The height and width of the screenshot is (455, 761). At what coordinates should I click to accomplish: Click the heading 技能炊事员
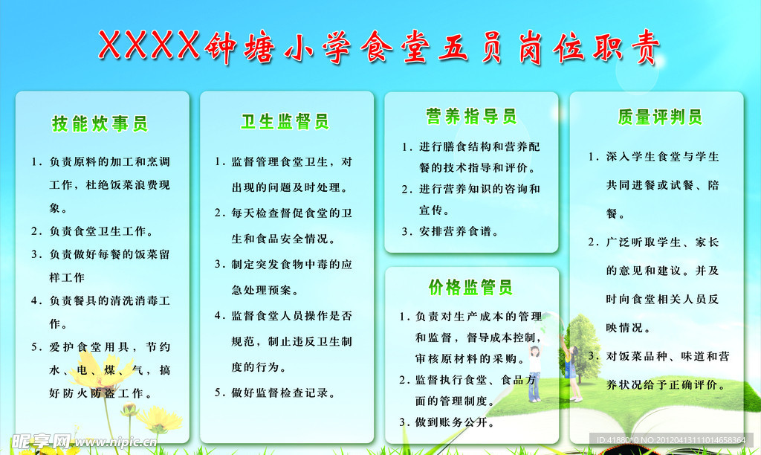click(100, 124)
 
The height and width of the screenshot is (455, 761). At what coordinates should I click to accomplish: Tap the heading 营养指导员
click(470, 116)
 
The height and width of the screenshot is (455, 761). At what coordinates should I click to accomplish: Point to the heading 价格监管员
click(470, 287)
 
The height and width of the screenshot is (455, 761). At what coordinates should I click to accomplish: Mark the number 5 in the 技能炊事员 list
click(35, 346)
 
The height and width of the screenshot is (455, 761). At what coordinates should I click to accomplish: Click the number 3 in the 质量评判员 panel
click(592, 356)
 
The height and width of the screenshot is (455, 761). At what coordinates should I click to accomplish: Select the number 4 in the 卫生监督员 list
click(218, 315)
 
